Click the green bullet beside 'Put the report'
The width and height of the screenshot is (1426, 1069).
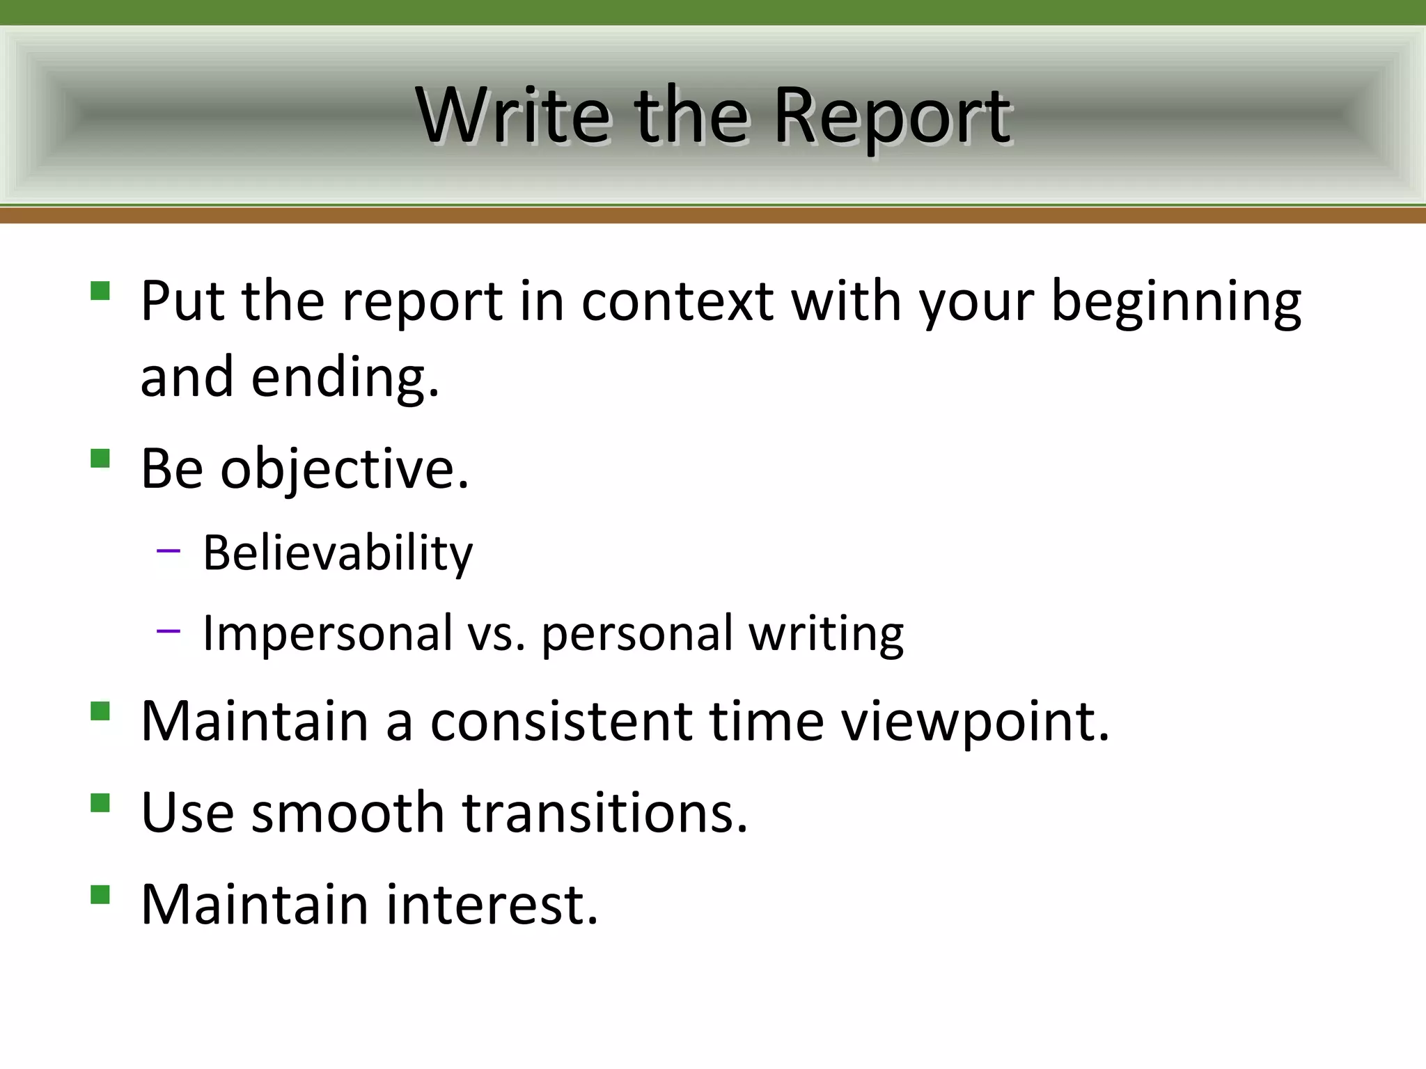pos(100,290)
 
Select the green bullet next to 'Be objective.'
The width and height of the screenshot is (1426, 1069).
pos(100,458)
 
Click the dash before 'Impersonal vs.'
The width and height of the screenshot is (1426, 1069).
pos(169,631)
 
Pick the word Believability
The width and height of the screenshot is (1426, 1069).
pos(338,553)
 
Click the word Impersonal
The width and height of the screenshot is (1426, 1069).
pos(327,633)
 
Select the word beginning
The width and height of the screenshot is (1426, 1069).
pos(1175,303)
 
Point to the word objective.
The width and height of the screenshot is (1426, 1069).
pos(345,470)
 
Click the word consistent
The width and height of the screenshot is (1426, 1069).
pos(561,721)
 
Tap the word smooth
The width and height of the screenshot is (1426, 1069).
pos(347,812)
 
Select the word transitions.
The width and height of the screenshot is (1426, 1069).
pos(604,812)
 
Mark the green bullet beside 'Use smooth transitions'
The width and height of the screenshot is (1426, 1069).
pos(100,802)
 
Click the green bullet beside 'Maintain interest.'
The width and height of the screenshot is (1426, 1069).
pos(100,894)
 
